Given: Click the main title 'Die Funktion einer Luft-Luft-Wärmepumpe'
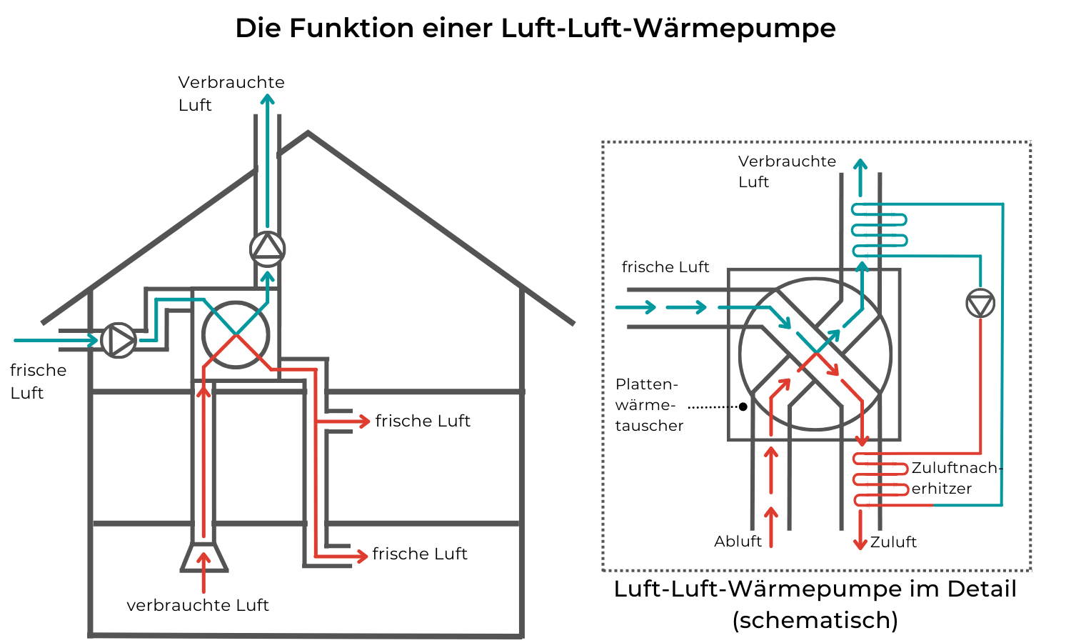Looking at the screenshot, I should coord(535,29).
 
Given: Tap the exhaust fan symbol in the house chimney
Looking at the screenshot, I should coord(268,248).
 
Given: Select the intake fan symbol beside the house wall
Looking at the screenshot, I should coord(119,341).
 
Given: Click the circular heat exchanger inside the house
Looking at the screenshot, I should coord(236,334).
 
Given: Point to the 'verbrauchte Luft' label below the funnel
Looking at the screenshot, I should coord(198,605).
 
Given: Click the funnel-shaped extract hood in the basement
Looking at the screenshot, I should coord(203,557).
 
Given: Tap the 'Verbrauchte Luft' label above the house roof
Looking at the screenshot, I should coord(231,94).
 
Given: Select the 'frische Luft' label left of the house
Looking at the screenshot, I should coord(38,382).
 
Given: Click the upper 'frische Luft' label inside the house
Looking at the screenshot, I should coord(423,421).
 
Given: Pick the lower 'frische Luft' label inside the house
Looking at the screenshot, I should coord(420,554).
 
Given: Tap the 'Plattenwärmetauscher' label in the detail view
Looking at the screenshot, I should coord(649,404).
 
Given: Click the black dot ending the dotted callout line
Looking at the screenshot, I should coord(743,407).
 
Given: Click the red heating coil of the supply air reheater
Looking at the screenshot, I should coord(880,479).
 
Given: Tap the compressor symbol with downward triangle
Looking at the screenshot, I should coord(980,304).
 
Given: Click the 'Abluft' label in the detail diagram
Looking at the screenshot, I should coord(738,542).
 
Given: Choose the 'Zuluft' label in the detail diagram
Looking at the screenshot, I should coord(893,542).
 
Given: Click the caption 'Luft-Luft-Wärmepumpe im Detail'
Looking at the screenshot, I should coord(815,590).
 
